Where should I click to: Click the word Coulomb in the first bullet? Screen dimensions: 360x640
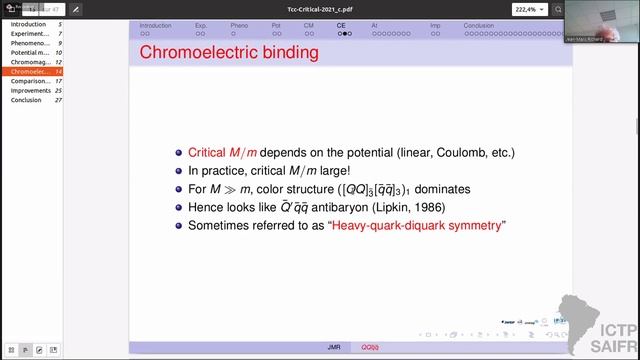456,152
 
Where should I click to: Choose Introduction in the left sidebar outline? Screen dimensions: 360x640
28,24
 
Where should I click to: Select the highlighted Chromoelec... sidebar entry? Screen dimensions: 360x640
30,72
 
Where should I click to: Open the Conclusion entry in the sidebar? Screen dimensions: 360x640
26,100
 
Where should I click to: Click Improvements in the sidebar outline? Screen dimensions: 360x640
31,91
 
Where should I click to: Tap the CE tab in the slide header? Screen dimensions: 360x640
341,25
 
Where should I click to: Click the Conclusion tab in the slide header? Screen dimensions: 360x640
478,25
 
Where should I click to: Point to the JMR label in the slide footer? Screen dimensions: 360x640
334,347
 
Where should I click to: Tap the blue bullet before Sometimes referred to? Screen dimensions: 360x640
179,225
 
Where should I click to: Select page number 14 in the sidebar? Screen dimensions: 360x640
59,72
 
